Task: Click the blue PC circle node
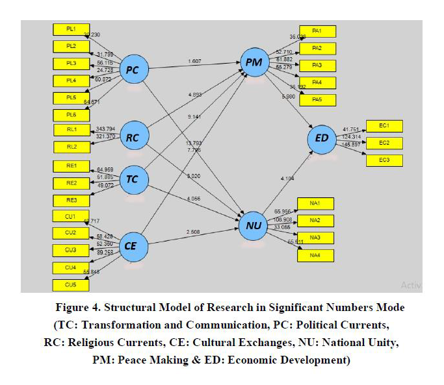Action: click(x=133, y=71)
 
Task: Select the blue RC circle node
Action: click(x=133, y=137)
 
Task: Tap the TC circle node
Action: click(x=133, y=181)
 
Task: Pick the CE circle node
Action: click(x=133, y=246)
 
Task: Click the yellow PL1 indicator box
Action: click(x=71, y=29)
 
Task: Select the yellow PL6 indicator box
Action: click(x=71, y=114)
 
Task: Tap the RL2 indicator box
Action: click(x=71, y=147)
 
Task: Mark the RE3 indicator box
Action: click(x=71, y=200)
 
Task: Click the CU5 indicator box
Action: click(x=71, y=284)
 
